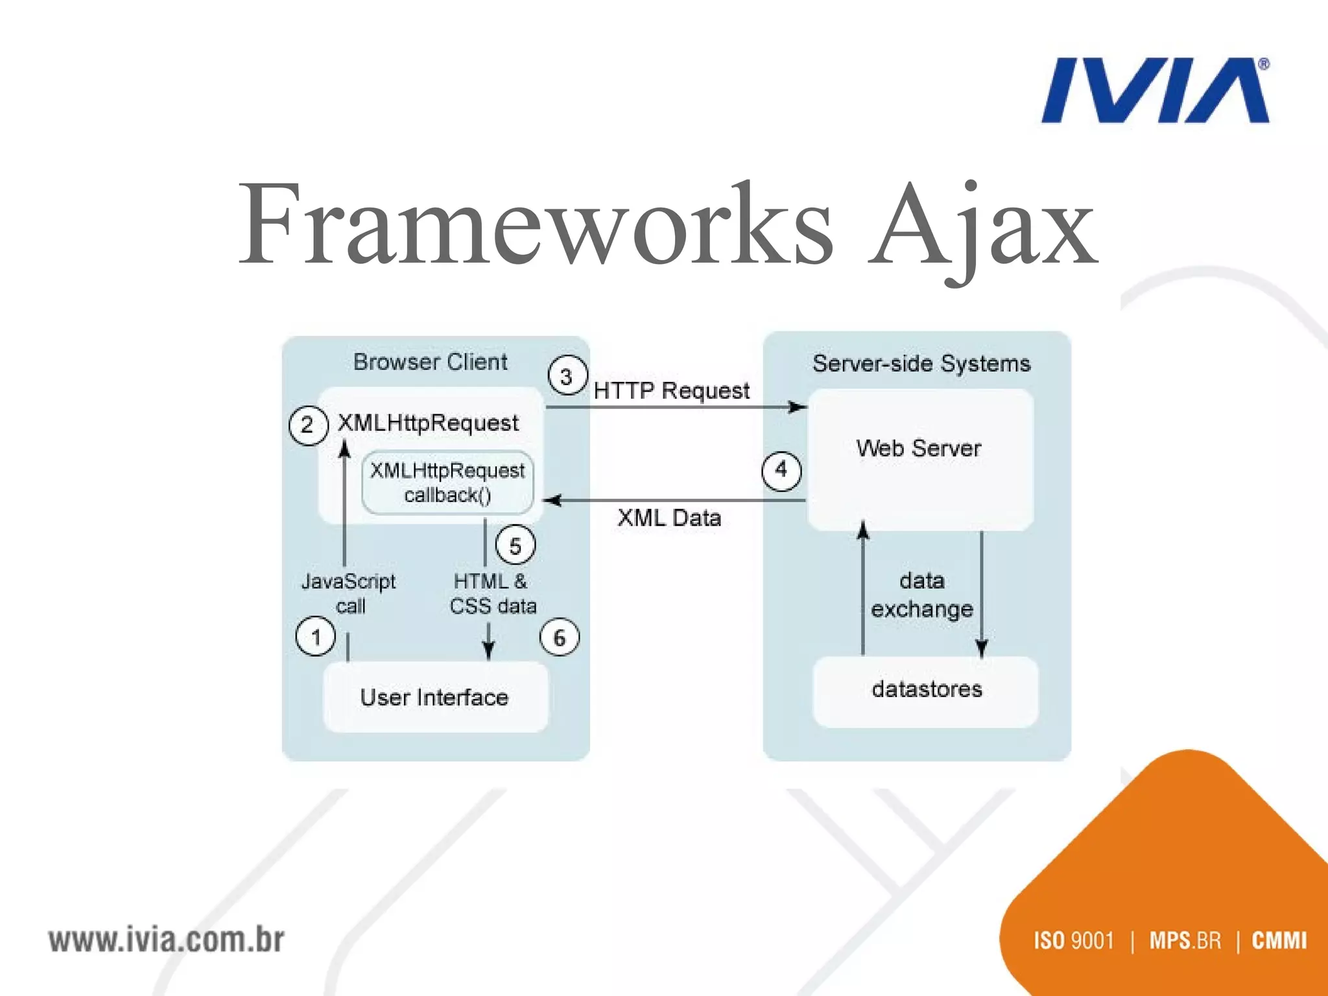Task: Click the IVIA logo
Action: tap(1154, 91)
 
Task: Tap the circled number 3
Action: tap(567, 376)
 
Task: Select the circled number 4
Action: tap(781, 470)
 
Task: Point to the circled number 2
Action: tap(308, 425)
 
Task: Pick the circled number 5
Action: tap(515, 545)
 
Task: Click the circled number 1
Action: tap(316, 637)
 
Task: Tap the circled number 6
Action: tap(559, 637)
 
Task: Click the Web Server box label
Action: tap(918, 449)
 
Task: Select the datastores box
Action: tap(926, 690)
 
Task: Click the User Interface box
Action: tap(434, 698)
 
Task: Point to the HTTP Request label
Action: tap(671, 391)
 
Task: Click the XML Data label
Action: tap(669, 518)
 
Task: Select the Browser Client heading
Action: tap(430, 362)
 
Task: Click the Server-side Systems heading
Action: tap(921, 364)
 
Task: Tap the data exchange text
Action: tap(921, 595)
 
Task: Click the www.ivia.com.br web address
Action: tap(167, 940)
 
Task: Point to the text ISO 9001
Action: tap(1074, 940)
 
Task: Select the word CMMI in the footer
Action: tap(1279, 940)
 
